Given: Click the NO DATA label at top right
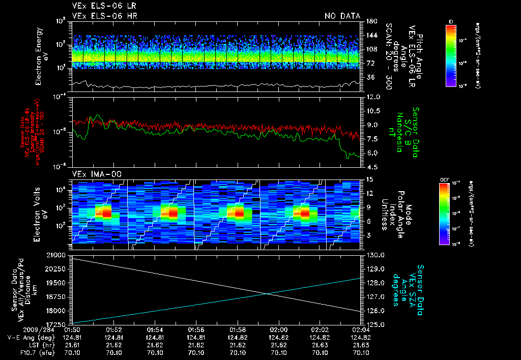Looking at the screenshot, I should coord(342,16).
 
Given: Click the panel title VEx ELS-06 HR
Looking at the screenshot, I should coord(104,16).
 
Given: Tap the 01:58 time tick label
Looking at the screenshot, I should coord(238,329).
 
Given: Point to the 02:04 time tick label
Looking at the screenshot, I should coord(361,329).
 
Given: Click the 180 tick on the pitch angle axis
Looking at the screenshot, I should coord(371,21).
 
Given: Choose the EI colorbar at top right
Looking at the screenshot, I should coord(450,55).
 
